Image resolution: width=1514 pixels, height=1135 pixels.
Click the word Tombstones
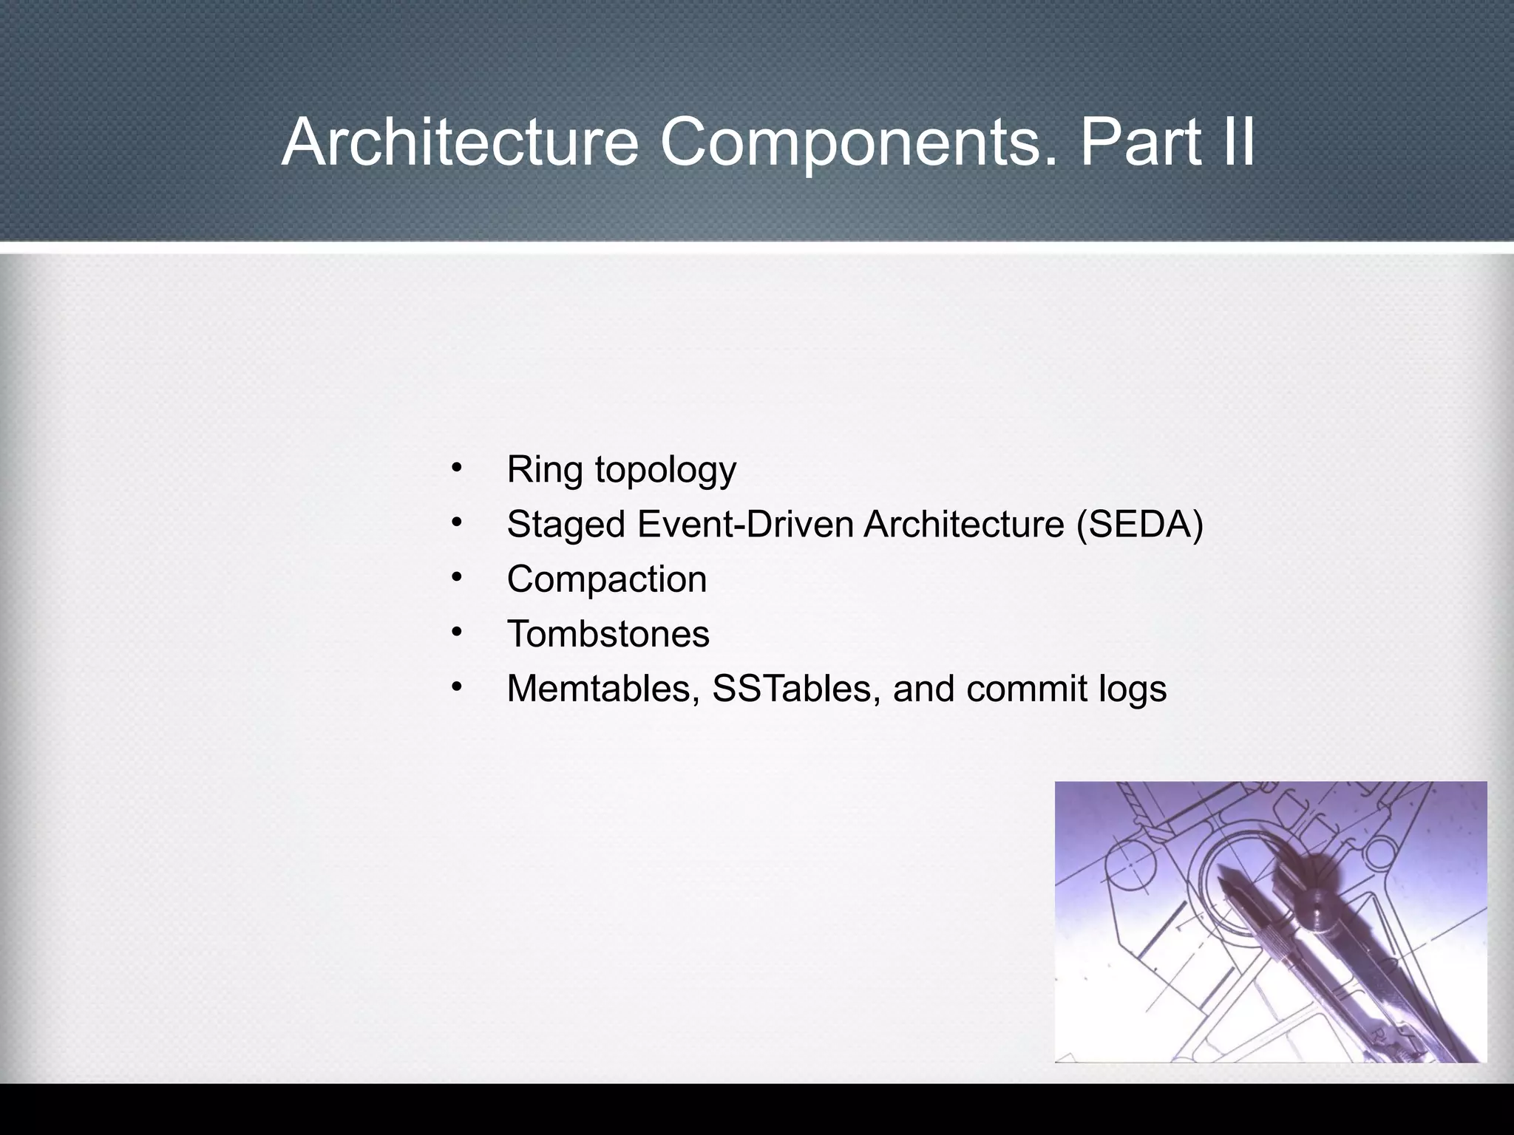pos(608,634)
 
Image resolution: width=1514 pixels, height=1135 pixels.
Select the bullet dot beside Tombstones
pos(456,633)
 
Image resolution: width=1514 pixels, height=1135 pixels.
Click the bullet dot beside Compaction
pos(456,578)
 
